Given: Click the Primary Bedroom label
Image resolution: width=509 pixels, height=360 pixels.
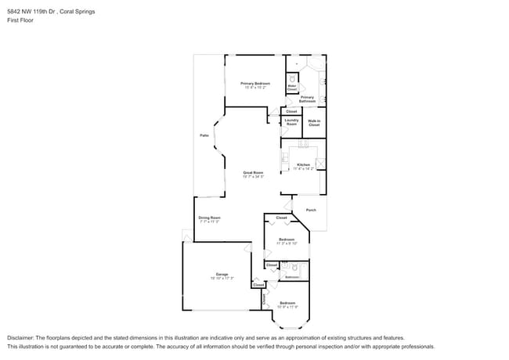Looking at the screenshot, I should (x=255, y=83).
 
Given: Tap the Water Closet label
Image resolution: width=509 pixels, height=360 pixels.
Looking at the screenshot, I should (x=291, y=88).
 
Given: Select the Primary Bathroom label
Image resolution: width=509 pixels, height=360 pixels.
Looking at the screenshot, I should (x=307, y=99).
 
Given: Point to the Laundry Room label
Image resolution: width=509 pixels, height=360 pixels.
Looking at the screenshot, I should (x=291, y=122).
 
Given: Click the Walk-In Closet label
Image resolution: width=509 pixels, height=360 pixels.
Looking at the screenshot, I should (x=314, y=122).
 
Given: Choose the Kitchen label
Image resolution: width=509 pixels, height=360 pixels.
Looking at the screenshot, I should (x=303, y=164).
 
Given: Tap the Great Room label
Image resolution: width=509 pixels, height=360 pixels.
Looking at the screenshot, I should (x=252, y=172).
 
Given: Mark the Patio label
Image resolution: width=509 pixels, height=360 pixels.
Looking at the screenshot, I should (x=204, y=135).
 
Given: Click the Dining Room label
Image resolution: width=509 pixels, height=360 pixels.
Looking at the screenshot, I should (x=209, y=218).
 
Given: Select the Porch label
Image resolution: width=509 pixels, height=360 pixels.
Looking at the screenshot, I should (x=311, y=210).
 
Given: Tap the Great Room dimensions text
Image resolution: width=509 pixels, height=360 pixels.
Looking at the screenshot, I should (x=252, y=177).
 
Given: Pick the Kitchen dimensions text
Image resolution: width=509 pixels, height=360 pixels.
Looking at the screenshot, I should (x=303, y=169).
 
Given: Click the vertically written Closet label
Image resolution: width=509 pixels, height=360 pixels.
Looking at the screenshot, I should (x=265, y=299).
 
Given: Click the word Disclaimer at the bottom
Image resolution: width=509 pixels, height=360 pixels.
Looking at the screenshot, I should (x=23, y=338).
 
